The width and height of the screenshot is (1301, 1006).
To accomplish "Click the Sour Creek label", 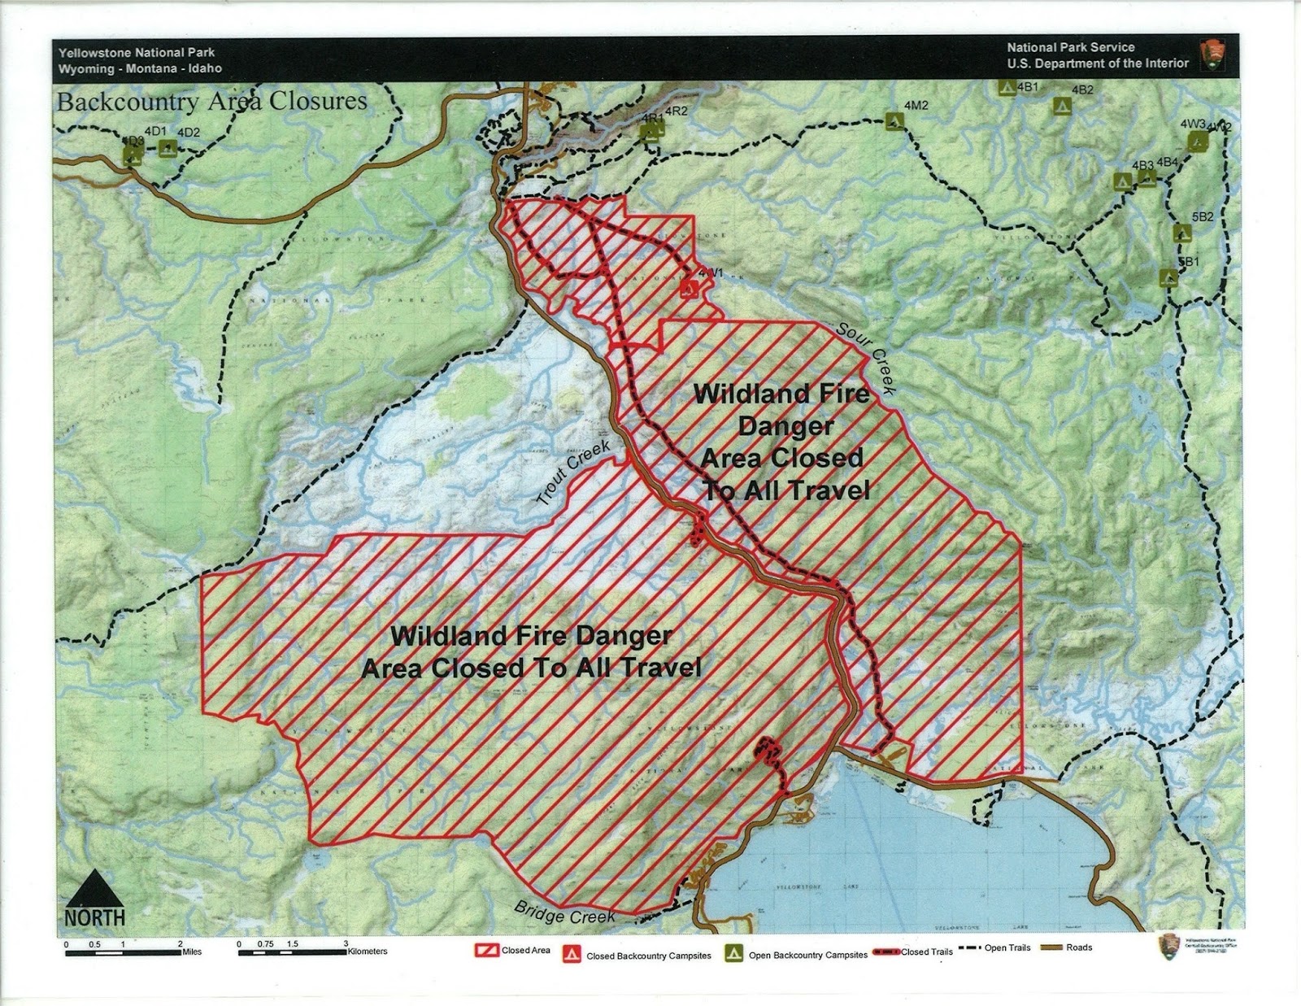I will coord(867,359).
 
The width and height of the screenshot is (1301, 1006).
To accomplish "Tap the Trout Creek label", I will coord(574,473).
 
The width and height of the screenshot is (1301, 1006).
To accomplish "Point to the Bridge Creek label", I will coord(564,912).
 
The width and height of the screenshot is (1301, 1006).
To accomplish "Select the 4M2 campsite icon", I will coord(895,122).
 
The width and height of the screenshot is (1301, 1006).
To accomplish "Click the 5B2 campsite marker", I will coord(1182,233).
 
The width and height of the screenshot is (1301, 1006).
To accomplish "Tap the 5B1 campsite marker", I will coord(1168,278).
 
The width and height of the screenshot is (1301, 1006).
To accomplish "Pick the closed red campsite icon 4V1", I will coord(689,288).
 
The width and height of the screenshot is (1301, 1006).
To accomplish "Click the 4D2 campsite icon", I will coord(168,148).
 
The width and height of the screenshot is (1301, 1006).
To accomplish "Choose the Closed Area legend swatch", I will coord(487,950).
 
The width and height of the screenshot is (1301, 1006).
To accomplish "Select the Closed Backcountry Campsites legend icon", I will coord(572,955).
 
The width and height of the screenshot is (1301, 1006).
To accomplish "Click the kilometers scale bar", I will coord(293,952).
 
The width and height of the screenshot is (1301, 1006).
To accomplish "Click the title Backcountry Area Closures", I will coord(212,102).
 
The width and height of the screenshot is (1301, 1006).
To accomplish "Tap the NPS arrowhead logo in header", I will coord(1212,55).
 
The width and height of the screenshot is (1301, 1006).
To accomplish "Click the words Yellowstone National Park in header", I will coord(137,52).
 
